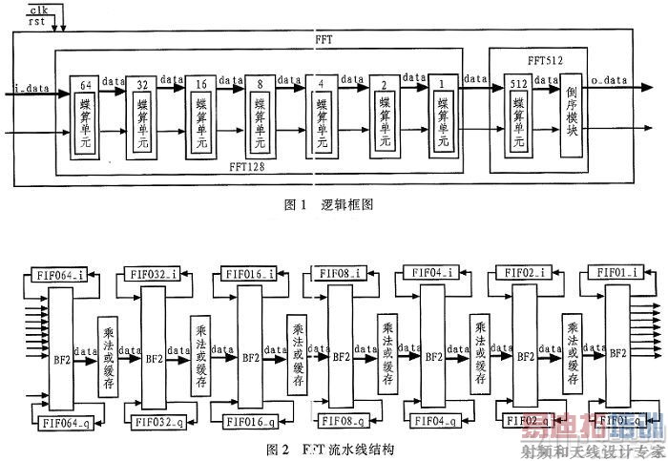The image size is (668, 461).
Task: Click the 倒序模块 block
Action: [x=571, y=119]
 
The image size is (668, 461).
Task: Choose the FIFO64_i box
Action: [x=56, y=275]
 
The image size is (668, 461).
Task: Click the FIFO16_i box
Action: [x=249, y=275]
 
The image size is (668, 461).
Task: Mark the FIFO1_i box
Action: [x=620, y=274]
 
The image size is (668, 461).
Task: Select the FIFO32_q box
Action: [x=153, y=420]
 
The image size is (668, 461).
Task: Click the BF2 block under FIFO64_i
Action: [x=60, y=350]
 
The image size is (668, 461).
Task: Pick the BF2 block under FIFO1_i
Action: [x=617, y=350]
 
